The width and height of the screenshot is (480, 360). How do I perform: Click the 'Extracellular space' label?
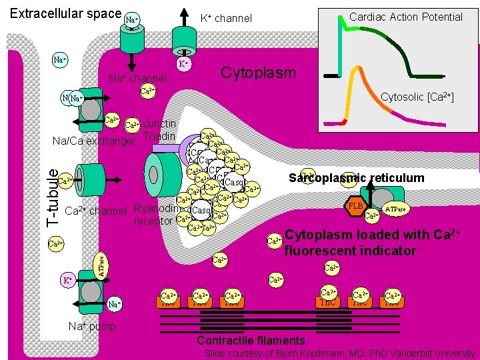(x=65, y=13)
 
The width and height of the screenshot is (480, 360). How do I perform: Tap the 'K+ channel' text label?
(x=226, y=19)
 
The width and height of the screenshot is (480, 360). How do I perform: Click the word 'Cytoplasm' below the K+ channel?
(x=258, y=72)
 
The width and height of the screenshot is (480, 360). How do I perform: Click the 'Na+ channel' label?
(x=137, y=79)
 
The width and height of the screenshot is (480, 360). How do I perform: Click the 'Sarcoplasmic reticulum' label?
(x=357, y=177)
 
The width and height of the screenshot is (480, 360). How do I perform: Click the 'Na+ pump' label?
(x=93, y=326)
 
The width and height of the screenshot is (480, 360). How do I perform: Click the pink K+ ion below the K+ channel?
(x=183, y=65)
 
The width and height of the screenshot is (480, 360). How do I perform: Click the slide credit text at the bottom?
(x=340, y=353)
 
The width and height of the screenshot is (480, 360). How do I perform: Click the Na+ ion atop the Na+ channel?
(x=132, y=20)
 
